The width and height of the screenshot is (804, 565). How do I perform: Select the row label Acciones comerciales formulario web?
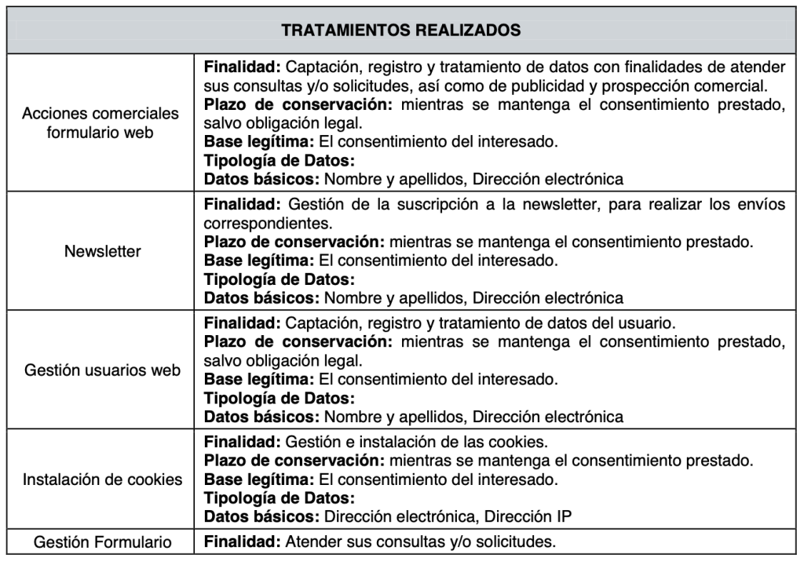tap(100, 122)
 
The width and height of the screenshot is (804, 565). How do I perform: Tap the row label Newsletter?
tap(103, 252)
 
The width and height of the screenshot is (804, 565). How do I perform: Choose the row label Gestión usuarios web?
tap(103, 370)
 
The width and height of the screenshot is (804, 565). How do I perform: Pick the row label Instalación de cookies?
tap(103, 479)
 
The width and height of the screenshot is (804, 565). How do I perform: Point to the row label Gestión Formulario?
tap(103, 541)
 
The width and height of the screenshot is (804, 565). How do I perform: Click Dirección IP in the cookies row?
tap(528, 516)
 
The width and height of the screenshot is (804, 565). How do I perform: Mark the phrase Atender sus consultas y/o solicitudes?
tap(420, 541)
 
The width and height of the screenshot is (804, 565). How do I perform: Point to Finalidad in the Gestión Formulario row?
tap(242, 541)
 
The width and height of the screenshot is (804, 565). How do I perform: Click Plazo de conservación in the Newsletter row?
tap(294, 241)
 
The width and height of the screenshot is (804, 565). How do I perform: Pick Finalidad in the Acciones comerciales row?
tap(242, 67)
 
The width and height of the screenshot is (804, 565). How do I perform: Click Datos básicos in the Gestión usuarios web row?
tap(262, 416)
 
